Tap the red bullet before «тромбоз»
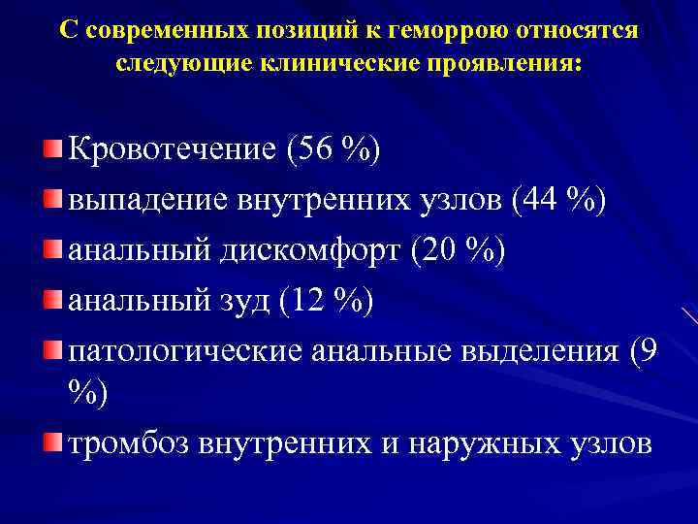(52, 442)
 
